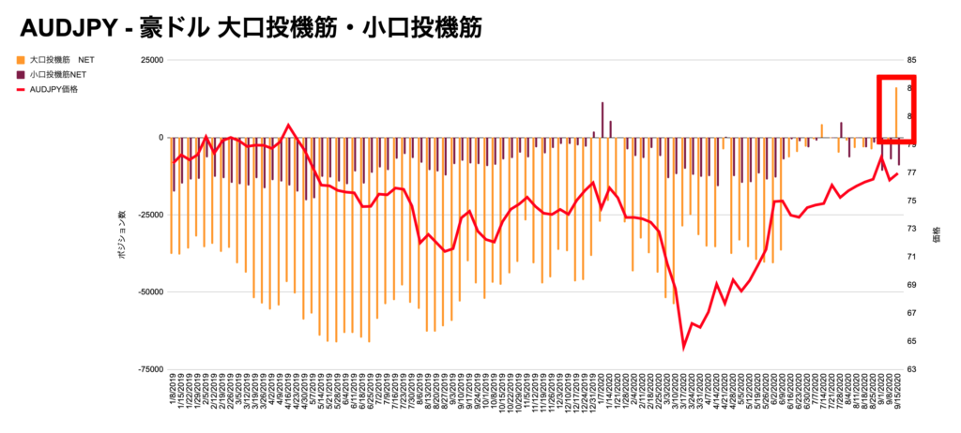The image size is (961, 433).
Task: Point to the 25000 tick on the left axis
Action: pos(150,60)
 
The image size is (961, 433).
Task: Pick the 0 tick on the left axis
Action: pos(160,138)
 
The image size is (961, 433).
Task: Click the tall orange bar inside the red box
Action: pos(896,112)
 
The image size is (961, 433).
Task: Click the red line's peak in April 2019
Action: pos(288,125)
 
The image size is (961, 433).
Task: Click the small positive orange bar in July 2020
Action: pos(822,130)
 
